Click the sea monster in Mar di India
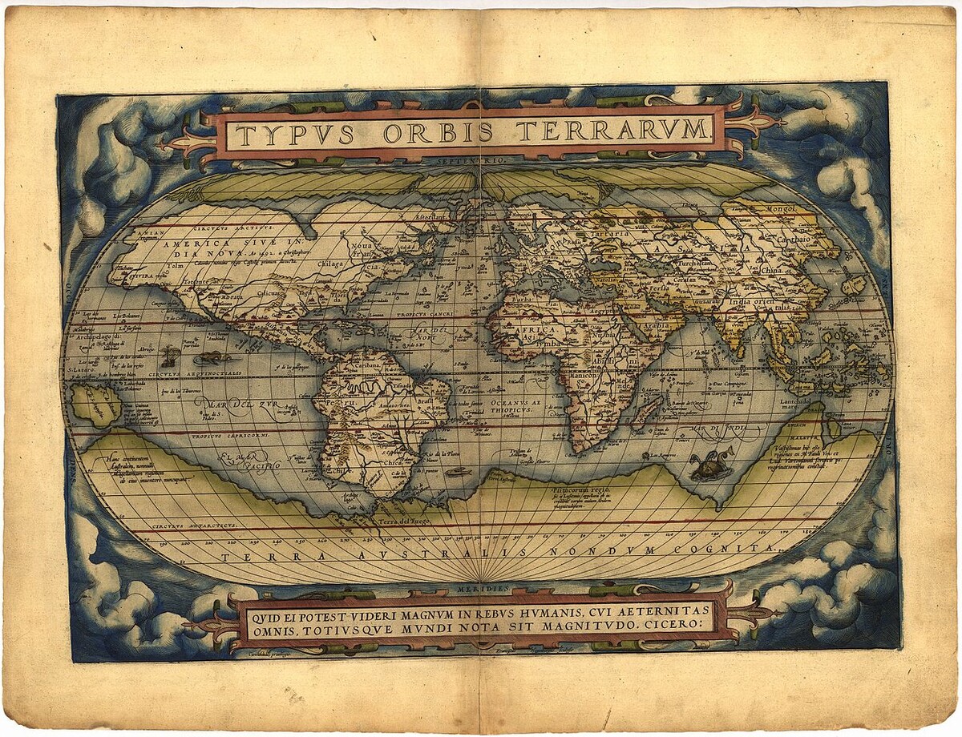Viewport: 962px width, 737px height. click(x=710, y=465)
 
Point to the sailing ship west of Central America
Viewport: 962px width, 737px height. click(x=168, y=356)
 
